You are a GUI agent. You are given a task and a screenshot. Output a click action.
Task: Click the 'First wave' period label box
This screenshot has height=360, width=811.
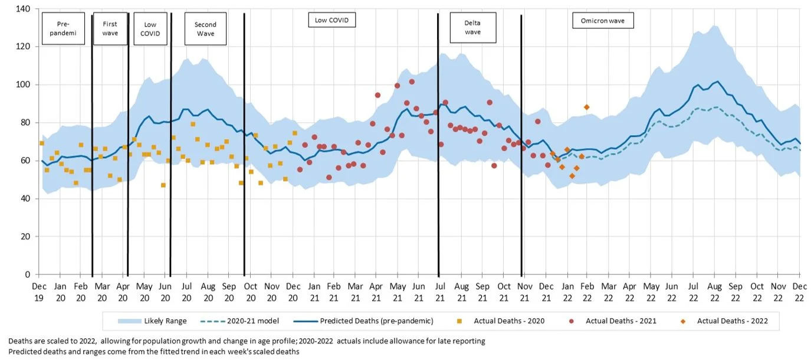pyautogui.click(x=110, y=29)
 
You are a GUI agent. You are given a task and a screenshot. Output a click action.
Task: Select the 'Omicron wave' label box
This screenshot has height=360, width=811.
pyautogui.click(x=603, y=21)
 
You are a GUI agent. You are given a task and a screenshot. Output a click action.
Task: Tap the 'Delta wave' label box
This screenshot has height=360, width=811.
pyautogui.click(x=472, y=28)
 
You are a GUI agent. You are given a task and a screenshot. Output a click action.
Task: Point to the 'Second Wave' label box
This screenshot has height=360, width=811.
pyautogui.click(x=205, y=29)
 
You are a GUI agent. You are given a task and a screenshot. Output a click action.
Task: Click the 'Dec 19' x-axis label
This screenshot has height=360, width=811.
pyautogui.click(x=39, y=290)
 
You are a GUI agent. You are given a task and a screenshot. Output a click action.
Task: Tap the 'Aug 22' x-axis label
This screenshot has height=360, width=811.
pyautogui.click(x=715, y=290)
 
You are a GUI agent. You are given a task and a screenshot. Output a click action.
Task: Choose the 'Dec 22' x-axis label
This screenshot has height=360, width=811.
pyautogui.click(x=800, y=290)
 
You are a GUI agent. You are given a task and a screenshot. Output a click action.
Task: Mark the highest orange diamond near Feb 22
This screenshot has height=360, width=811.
pyautogui.click(x=586, y=107)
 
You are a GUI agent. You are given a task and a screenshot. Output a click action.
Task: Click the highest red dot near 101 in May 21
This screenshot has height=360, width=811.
pyautogui.click(x=412, y=82)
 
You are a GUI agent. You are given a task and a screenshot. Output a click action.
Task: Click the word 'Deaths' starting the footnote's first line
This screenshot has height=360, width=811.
pyautogui.click(x=20, y=341)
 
